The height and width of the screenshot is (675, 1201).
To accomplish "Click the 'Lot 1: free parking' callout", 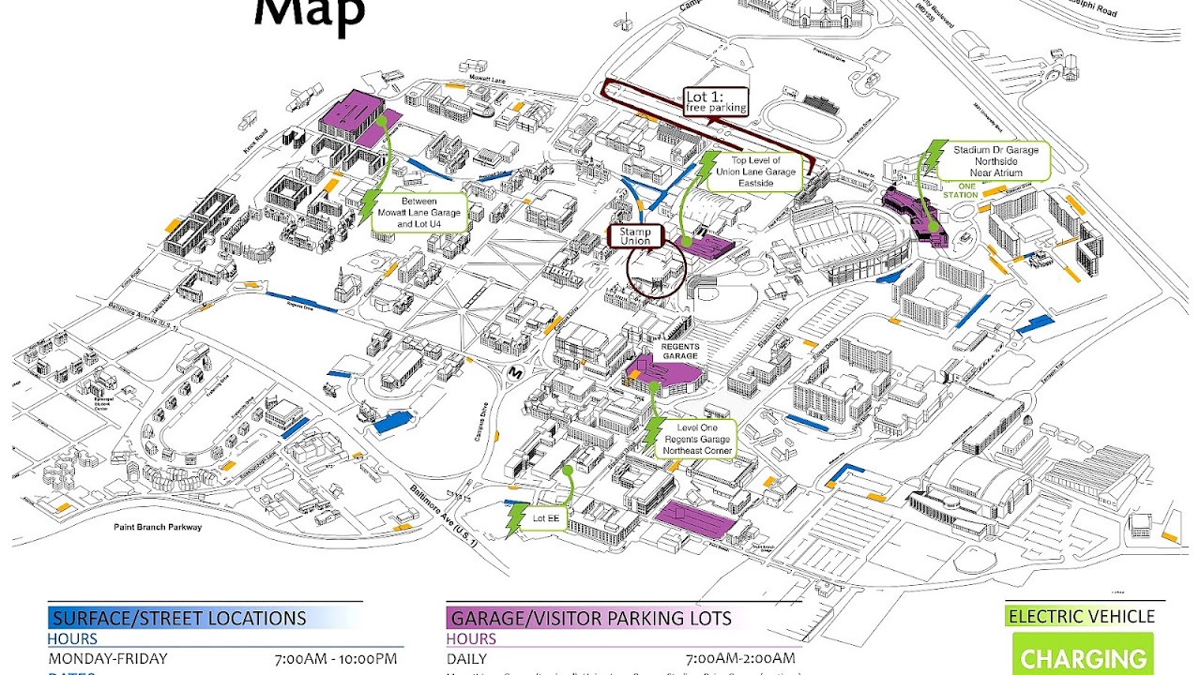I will [716, 101].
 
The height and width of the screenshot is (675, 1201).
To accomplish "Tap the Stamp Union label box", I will [635, 235].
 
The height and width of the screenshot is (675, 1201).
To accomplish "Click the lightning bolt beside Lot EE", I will [515, 519].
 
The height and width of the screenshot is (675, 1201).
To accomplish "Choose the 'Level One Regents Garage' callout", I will [695, 439].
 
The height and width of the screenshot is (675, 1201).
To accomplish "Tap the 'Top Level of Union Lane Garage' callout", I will [755, 172].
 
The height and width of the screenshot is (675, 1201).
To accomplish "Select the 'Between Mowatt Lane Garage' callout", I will [419, 213].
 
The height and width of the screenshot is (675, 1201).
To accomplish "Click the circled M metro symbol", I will [514, 372].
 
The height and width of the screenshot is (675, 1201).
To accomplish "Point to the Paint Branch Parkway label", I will [159, 528].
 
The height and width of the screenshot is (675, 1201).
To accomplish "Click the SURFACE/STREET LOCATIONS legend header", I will [178, 618].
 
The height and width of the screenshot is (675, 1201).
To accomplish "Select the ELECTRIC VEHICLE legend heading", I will [1081, 616].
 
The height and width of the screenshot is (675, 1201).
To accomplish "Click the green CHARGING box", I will [1083, 656].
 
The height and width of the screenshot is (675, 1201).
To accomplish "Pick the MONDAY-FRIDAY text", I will [108, 658].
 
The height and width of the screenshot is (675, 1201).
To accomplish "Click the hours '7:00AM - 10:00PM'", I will [335, 658].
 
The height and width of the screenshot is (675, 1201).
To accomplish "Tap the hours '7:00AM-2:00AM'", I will [740, 658].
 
